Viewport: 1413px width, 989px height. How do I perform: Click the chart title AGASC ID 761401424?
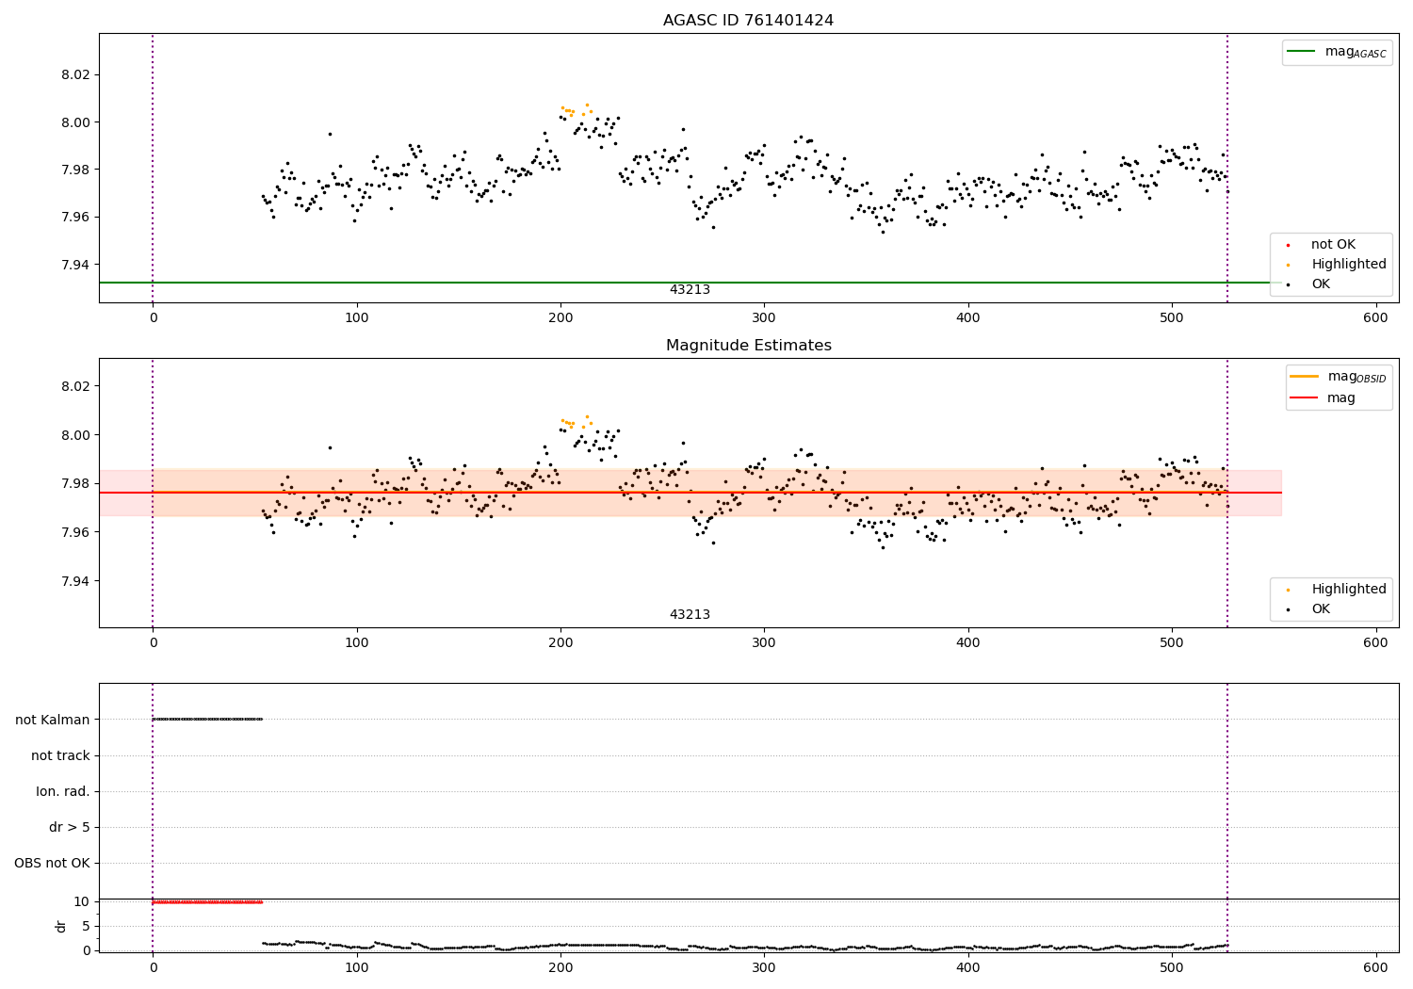coord(748,21)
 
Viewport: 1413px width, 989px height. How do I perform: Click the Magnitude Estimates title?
coord(748,346)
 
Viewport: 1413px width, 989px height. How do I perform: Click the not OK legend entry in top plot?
coord(1333,245)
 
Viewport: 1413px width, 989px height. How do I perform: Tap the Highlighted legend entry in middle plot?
coord(1348,589)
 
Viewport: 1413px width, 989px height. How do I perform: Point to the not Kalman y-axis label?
coord(53,720)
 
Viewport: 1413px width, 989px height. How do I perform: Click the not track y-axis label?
coord(60,755)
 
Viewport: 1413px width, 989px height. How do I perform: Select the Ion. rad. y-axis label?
coord(63,791)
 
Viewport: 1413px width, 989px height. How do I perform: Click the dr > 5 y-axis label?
coord(70,827)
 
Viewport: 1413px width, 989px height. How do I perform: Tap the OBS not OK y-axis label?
coord(53,863)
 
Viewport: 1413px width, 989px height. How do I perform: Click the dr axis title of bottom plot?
coord(61,926)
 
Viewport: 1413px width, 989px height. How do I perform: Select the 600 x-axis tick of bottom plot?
coord(1375,967)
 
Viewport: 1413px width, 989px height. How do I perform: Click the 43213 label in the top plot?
coord(690,290)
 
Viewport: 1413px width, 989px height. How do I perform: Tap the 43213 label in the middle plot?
coord(690,615)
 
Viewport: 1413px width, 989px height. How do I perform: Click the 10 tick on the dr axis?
coord(82,901)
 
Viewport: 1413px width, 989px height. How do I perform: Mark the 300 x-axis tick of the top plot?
coord(764,317)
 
